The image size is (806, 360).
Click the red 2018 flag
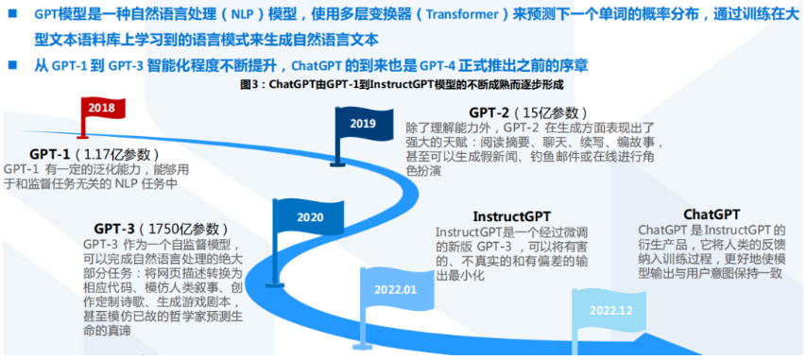click(x=103, y=109)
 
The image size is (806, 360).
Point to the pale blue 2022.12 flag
click(x=610, y=310)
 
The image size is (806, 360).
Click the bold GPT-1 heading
click(x=50, y=154)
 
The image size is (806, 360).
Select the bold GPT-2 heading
click(x=489, y=112)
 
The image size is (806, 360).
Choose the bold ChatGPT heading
click(x=712, y=214)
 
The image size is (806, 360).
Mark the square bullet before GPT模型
click(x=12, y=13)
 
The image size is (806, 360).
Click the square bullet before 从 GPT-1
click(x=12, y=65)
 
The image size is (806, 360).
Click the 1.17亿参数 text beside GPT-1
click(x=117, y=155)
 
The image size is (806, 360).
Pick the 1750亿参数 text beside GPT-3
click(x=185, y=229)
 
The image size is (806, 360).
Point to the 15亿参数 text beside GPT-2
click(x=553, y=113)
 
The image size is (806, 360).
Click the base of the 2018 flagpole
click(x=82, y=136)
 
